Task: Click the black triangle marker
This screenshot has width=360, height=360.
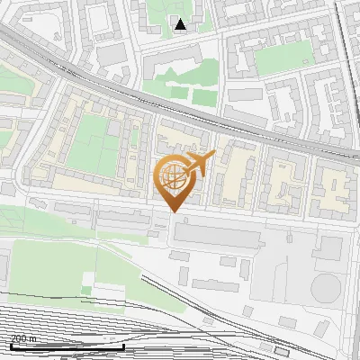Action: (x=181, y=24)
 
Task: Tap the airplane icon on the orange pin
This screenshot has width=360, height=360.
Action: (x=200, y=165)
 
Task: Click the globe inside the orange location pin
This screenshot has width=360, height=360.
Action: (x=172, y=175)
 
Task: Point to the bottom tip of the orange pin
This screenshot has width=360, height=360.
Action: (x=174, y=212)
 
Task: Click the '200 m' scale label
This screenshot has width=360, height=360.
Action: (x=23, y=338)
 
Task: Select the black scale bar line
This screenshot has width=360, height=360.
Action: (x=67, y=346)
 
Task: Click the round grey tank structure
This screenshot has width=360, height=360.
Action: (x=326, y=288)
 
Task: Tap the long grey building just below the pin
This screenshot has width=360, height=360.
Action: (x=216, y=236)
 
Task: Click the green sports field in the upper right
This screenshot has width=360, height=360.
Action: (x=284, y=58)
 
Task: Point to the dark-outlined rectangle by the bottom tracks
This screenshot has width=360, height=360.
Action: (x=282, y=351)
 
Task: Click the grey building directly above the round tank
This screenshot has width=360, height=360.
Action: (x=328, y=248)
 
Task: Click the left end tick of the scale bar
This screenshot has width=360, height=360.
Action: (x=11, y=345)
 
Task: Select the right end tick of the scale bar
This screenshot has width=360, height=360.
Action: (x=123, y=345)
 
